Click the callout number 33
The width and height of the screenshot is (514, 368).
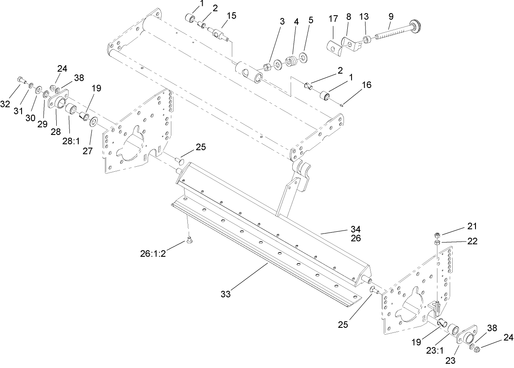pyautogui.click(x=225, y=294)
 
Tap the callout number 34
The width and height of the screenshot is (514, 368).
pyautogui.click(x=356, y=229)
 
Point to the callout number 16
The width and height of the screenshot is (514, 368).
pyautogui.click(x=366, y=85)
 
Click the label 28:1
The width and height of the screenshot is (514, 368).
pyautogui.click(x=71, y=141)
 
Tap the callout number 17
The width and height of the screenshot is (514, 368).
pyautogui.click(x=334, y=19)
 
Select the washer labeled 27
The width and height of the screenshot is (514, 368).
pyautogui.click(x=93, y=123)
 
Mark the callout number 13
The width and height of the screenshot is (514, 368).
pyautogui.click(x=364, y=16)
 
